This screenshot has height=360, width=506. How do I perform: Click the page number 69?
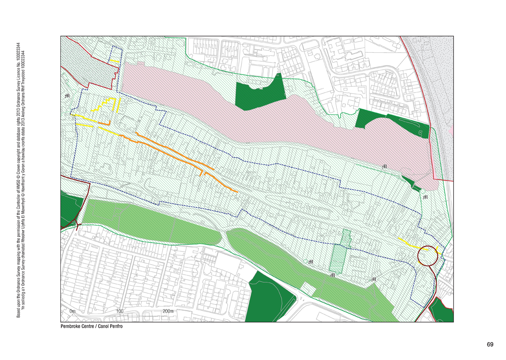[x=490, y=344]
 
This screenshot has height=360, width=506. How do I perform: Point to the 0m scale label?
[x=72, y=312]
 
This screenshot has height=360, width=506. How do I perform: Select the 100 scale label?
[x=119, y=312]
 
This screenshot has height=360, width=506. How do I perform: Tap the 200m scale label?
[x=168, y=312]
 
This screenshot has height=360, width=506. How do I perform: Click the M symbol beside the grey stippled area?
[x=67, y=96]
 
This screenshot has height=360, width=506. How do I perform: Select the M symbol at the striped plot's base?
[x=333, y=275]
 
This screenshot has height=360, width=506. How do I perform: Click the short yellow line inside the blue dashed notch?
[x=114, y=61]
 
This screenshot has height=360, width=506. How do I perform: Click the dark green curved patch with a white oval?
[x=391, y=122]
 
